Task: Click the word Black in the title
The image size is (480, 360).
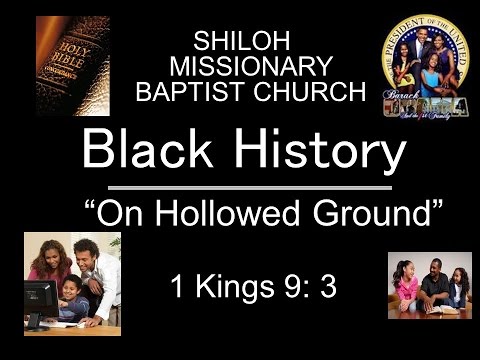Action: coord(152,152)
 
